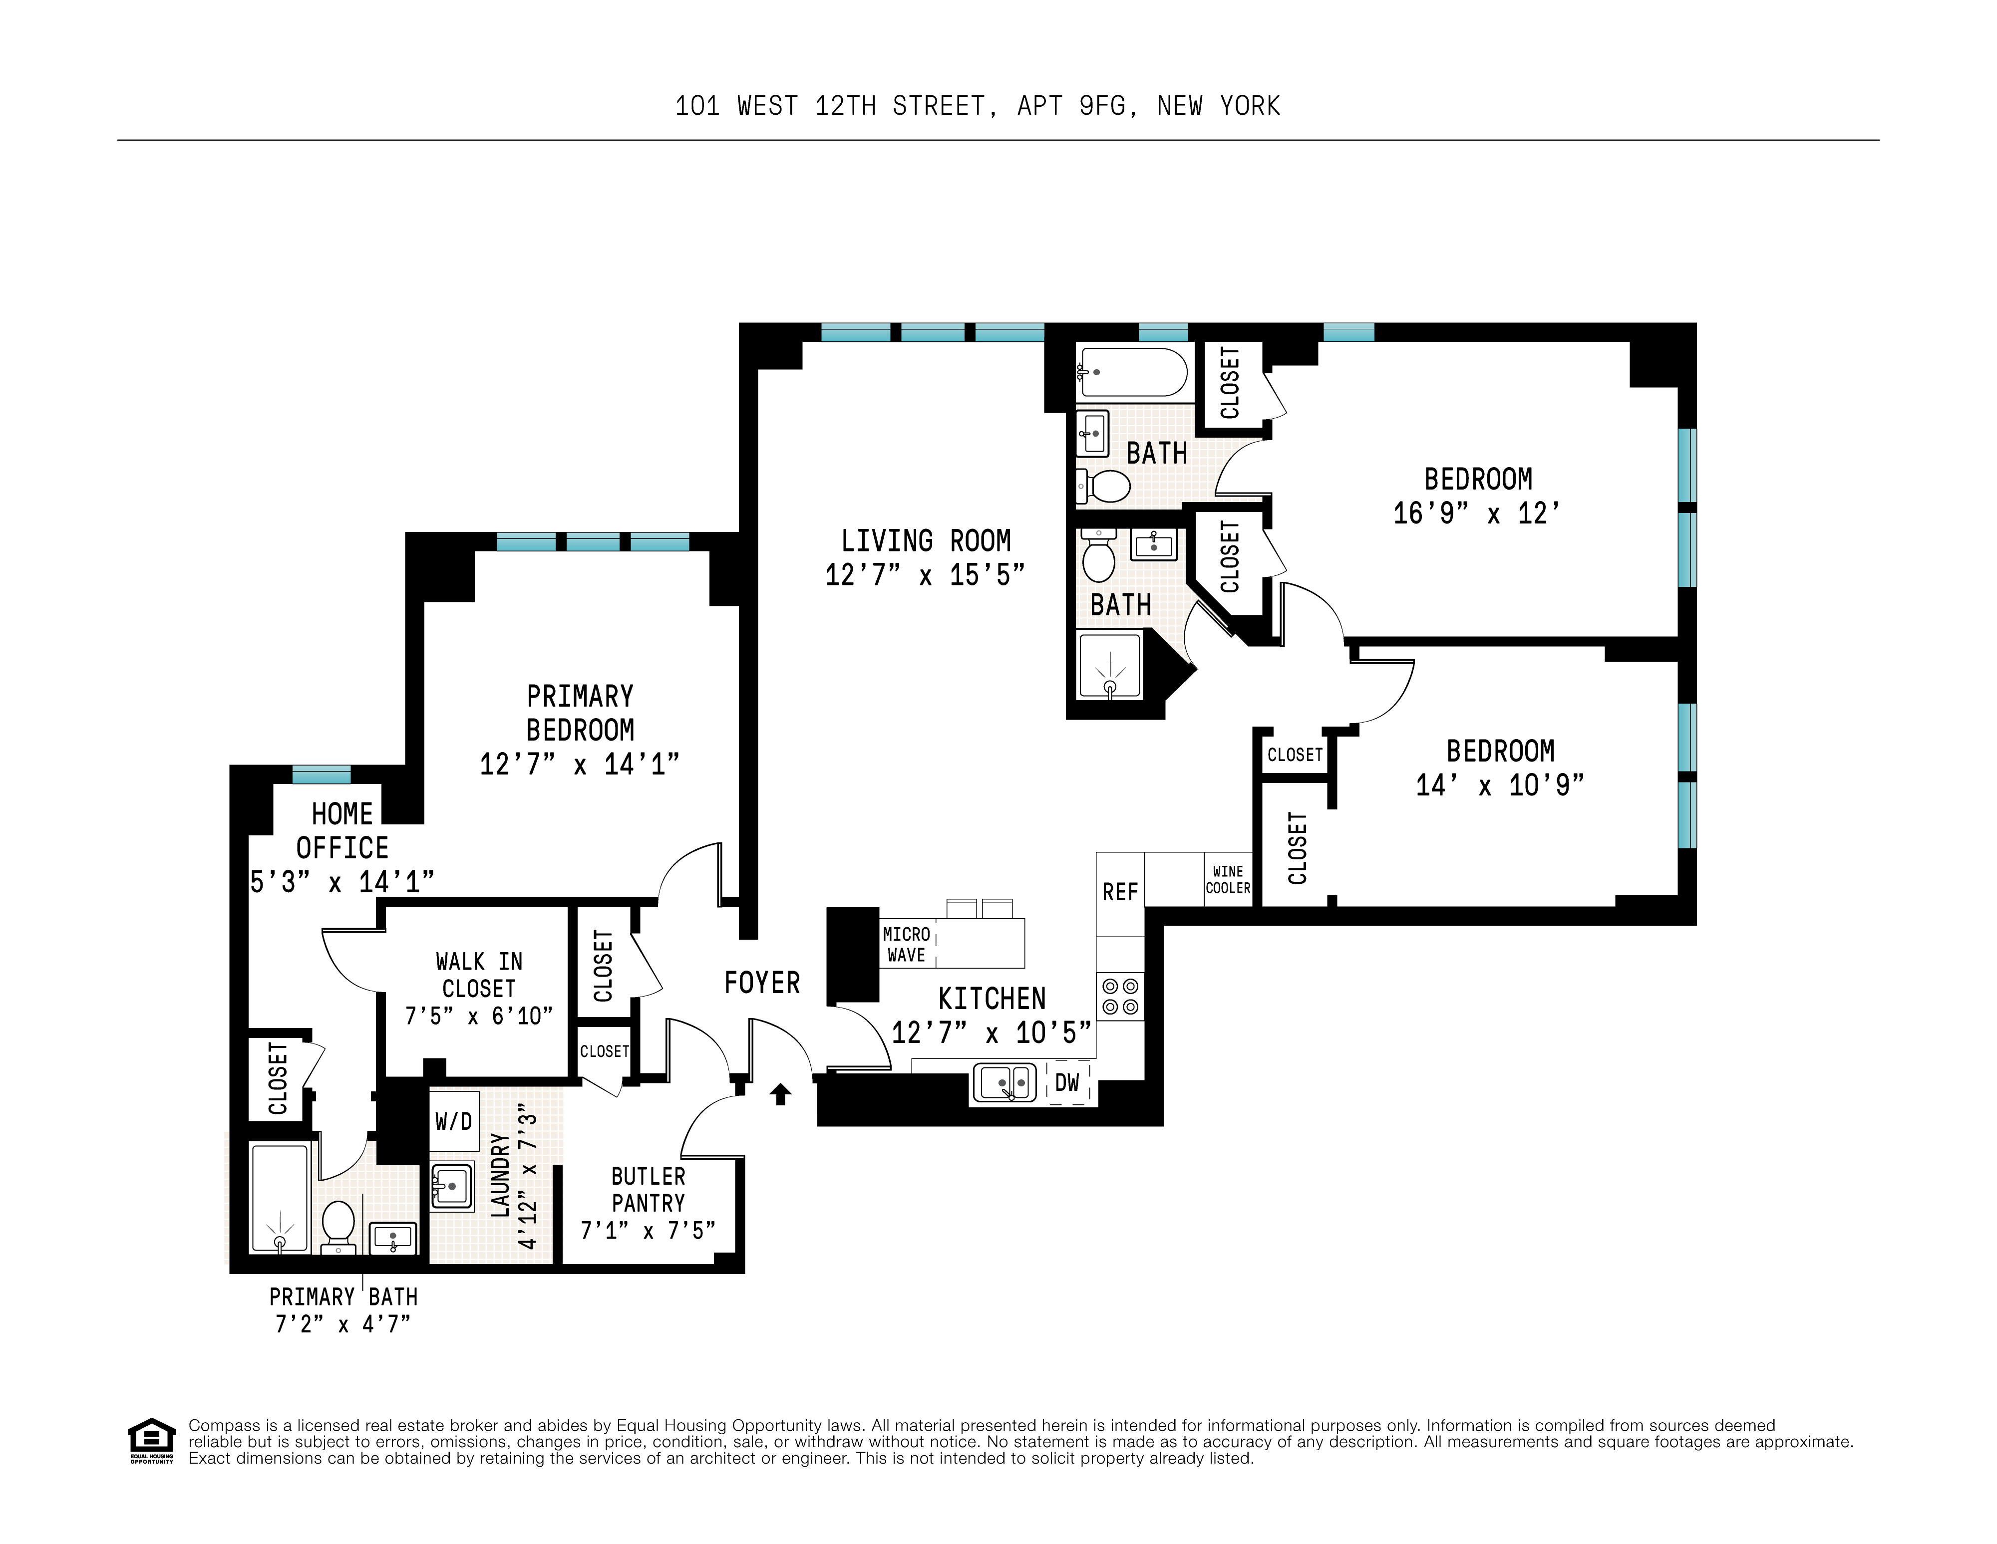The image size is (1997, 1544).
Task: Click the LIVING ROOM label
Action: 925,541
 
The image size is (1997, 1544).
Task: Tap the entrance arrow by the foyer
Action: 780,1094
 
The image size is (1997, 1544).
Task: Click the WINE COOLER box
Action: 1227,879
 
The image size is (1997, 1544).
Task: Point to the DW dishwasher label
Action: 1067,1083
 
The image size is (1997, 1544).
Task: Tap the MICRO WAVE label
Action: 906,944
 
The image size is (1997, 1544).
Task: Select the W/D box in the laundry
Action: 453,1121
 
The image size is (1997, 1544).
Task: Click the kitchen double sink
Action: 1004,1083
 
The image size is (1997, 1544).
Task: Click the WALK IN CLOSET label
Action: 478,975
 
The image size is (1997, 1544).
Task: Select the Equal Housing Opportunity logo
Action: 151,1441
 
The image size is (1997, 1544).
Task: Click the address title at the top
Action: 977,106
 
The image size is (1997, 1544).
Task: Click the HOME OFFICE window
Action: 321,774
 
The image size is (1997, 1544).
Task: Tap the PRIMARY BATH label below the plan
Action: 343,1296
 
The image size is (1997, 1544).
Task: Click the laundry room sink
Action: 451,1187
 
